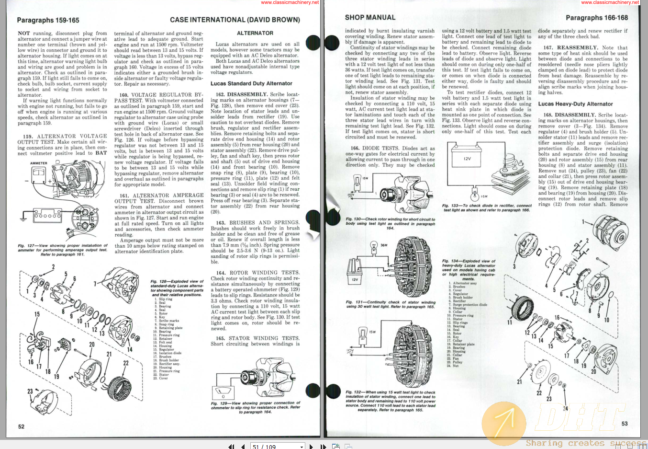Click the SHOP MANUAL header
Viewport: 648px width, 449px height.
[370, 17]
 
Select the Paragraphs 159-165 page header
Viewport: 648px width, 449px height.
[48, 20]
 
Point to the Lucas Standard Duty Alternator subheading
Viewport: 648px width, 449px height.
[251, 83]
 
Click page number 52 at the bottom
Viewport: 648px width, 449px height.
[21, 426]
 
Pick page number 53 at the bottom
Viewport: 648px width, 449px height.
[624, 424]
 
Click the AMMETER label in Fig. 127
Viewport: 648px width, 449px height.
[39, 163]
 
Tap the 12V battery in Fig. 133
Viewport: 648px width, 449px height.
[467, 159]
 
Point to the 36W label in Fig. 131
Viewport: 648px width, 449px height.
[384, 245]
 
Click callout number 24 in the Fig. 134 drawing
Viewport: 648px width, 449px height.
[565, 408]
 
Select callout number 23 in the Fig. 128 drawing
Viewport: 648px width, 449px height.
[30, 391]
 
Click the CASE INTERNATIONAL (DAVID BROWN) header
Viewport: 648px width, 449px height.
[235, 20]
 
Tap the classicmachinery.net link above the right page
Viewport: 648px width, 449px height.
[610, 2]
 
